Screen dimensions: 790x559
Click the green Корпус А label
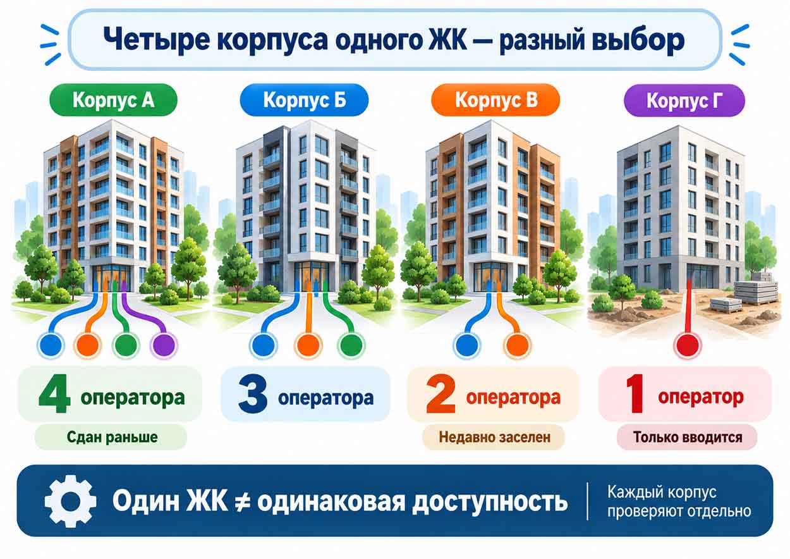[x=113, y=100]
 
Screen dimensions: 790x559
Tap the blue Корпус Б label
[x=304, y=100]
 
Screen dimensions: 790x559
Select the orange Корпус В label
[x=495, y=100]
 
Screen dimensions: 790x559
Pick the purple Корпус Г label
[x=684, y=101]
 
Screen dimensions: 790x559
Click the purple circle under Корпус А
[x=164, y=345]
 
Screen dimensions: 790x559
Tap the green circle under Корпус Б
[x=351, y=345]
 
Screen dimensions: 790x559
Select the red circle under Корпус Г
[x=688, y=345]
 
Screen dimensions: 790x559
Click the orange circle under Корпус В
[x=517, y=345]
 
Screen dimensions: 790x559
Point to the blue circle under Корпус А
[x=51, y=345]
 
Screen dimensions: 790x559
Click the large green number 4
[x=54, y=393]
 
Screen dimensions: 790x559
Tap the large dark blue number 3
[x=253, y=393]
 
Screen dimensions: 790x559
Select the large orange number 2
[x=441, y=393]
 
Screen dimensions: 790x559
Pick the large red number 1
[x=636, y=393]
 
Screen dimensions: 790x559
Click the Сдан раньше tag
[x=111, y=437]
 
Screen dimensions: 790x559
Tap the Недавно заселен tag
[x=494, y=437]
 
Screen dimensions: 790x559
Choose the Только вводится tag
[x=687, y=437]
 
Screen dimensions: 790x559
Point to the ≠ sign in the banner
[x=243, y=501]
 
